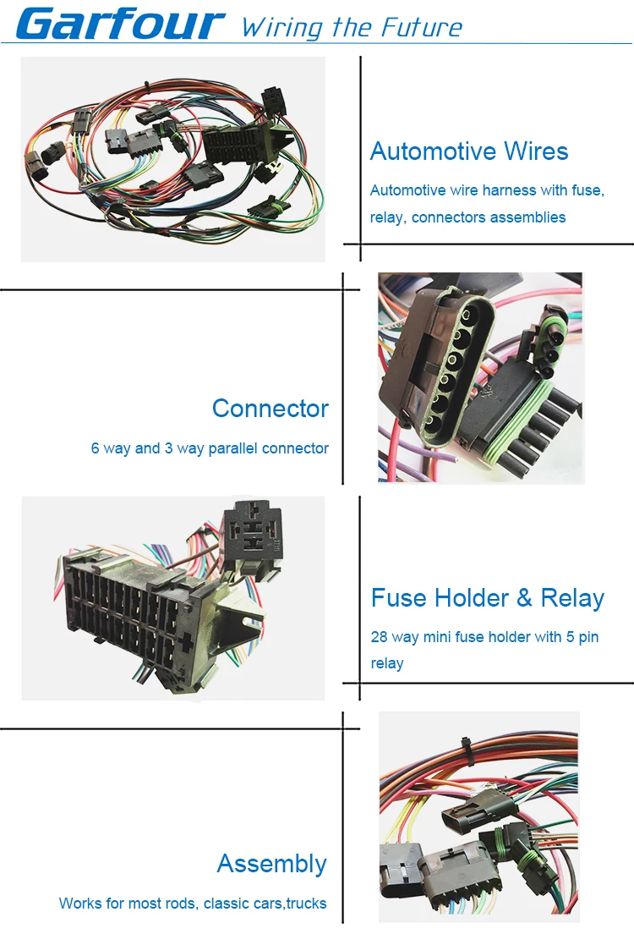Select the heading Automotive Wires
(469, 151)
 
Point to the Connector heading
(270, 409)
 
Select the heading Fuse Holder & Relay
(488, 598)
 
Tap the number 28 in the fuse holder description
(380, 636)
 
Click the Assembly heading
(271, 864)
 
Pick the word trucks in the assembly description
(307, 904)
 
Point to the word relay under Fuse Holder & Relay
(387, 663)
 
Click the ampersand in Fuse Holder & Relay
(524, 598)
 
